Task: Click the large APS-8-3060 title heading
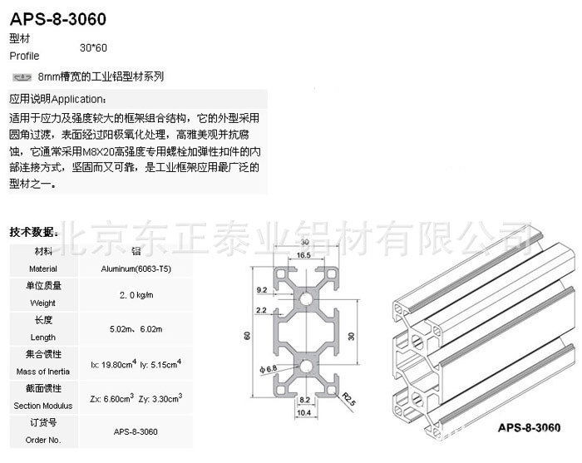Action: tap(57, 18)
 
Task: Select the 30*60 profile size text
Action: tap(94, 49)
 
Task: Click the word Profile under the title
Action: tap(24, 57)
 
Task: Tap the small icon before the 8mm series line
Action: tap(22, 76)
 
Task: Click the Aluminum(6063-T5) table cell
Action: tap(136, 268)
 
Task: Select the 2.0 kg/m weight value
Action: tap(136, 295)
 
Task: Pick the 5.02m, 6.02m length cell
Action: tap(136, 329)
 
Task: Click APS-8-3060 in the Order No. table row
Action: tap(136, 431)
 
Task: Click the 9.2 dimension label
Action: tap(262, 291)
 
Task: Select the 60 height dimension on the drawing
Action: tap(247, 336)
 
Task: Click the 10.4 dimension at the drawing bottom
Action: tap(304, 413)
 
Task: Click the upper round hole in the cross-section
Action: tap(305, 298)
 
